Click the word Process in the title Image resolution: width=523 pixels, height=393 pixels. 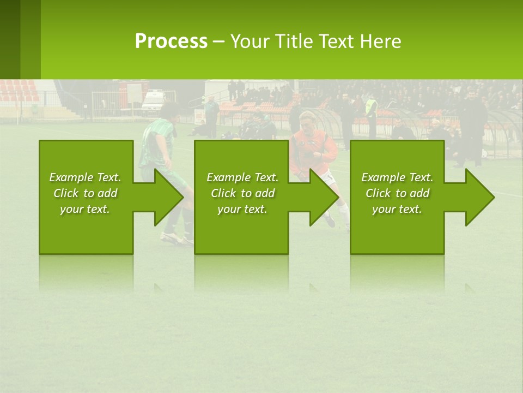click(x=171, y=41)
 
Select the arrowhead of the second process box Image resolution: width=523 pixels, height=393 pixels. click(x=324, y=197)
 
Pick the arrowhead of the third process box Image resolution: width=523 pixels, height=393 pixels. click(x=479, y=197)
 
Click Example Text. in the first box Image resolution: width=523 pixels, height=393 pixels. click(x=85, y=177)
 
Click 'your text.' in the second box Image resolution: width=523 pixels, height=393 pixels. click(x=242, y=209)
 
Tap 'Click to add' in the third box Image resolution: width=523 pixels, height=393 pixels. click(x=397, y=193)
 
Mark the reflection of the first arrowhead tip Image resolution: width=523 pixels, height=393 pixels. click(x=158, y=287)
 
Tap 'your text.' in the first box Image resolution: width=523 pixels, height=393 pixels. click(x=85, y=209)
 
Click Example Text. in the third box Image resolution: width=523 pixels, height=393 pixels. click(x=397, y=177)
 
